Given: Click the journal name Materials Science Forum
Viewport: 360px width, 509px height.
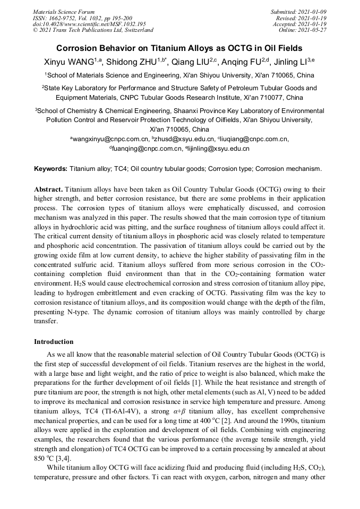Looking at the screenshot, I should tap(64, 11).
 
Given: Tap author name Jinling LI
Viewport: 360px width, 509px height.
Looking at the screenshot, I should tap(289, 62).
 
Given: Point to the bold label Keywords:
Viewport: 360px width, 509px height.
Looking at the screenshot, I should tap(50, 169).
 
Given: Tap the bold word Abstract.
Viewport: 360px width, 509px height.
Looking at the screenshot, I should tap(48, 189).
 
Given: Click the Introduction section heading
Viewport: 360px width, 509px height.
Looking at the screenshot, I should tap(54, 341).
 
